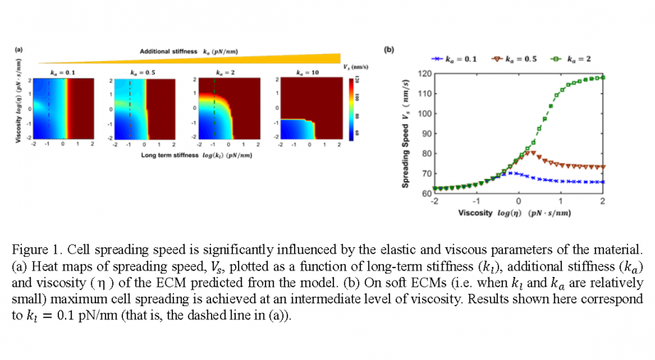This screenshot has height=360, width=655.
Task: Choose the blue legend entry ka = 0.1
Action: [x=454, y=58]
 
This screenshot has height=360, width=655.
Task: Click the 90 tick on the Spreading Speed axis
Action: [x=426, y=133]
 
